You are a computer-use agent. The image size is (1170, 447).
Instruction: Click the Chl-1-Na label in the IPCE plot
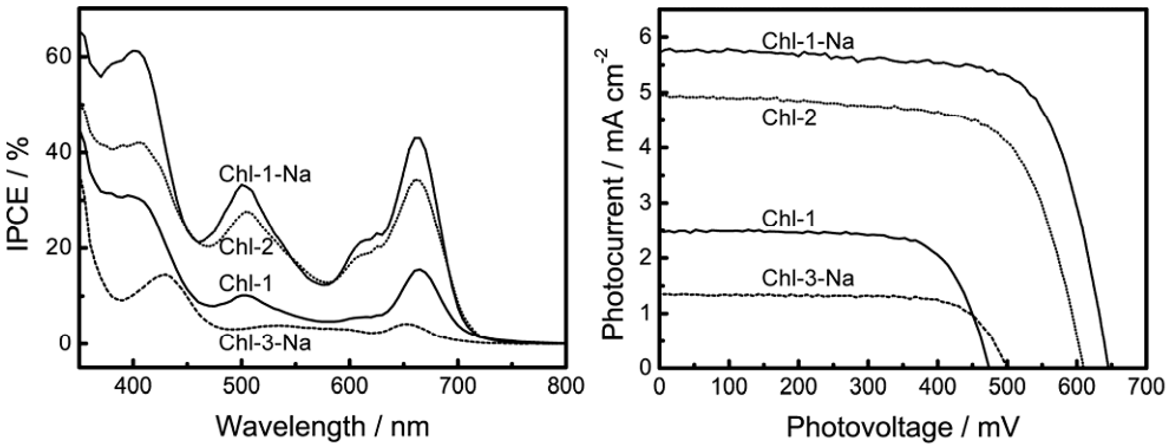click(265, 175)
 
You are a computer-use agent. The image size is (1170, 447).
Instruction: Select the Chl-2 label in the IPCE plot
click(246, 248)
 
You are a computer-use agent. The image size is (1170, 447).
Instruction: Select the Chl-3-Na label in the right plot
click(808, 278)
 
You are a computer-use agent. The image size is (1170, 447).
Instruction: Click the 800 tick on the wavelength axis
click(564, 386)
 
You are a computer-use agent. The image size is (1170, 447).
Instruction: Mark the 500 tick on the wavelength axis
click(241, 386)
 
